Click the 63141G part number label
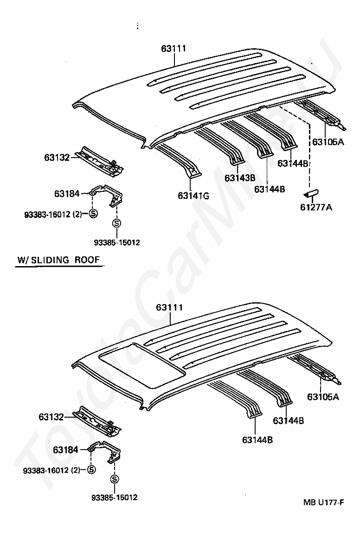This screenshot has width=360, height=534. click(193, 196)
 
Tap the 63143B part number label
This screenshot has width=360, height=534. click(240, 178)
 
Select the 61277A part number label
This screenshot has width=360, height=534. click(315, 207)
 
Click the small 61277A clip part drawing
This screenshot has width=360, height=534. click(310, 191)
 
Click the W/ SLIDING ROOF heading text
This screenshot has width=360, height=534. click(58, 260)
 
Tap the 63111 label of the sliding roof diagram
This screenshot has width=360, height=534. click(169, 308)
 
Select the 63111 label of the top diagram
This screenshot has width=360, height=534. click(174, 48)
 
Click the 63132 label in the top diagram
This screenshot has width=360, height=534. click(57, 158)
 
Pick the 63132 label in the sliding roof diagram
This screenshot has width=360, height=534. click(51, 417)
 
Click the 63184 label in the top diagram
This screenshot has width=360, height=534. click(67, 193)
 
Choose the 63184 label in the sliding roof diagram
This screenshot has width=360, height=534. click(65, 450)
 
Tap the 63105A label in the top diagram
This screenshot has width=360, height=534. click(328, 142)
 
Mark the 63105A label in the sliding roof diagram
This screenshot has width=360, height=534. click(323, 397)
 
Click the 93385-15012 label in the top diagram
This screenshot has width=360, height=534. click(116, 242)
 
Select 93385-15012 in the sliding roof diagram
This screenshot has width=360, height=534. click(115, 497)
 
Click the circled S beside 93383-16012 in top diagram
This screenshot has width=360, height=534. click(92, 214)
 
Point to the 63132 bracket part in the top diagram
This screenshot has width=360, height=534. click(101, 161)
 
